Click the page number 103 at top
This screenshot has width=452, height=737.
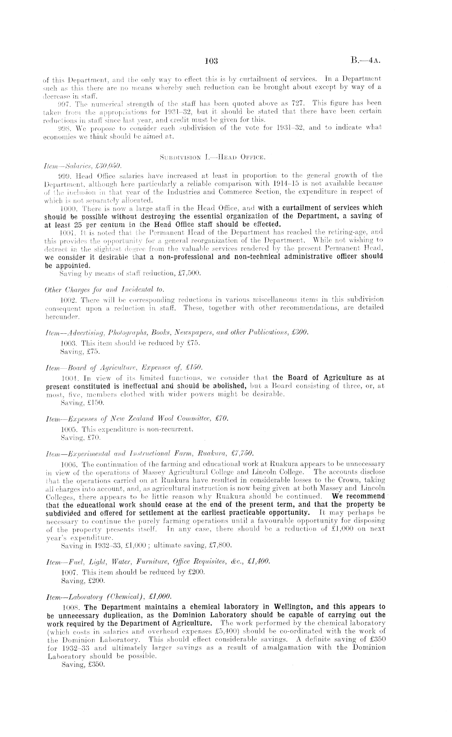pyautogui.click(x=212, y=61)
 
